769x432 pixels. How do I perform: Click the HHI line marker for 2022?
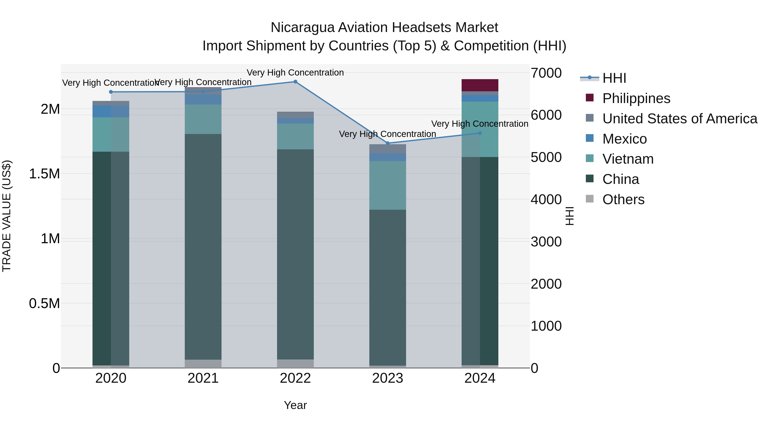[x=295, y=82]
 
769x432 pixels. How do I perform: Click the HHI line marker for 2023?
[x=387, y=143]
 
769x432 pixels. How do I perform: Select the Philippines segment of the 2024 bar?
[x=480, y=85]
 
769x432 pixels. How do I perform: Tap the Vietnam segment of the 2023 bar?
[x=387, y=185]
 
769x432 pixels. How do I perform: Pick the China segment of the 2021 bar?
[x=203, y=247]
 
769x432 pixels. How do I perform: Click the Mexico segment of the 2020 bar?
[x=111, y=112]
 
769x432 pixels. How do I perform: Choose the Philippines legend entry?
[x=636, y=98]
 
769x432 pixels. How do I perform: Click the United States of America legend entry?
[x=679, y=119]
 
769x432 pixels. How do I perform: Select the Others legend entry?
[x=623, y=199]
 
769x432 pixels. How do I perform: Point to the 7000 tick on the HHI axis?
[x=546, y=73]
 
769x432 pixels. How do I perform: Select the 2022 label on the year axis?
[x=295, y=378]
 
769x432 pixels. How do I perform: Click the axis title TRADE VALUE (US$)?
[x=7, y=216]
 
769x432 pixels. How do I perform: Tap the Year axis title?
[x=295, y=405]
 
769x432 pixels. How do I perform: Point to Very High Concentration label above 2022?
[x=295, y=73]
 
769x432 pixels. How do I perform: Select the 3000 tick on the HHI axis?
[x=546, y=242]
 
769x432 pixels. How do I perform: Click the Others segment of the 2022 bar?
[x=295, y=364]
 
